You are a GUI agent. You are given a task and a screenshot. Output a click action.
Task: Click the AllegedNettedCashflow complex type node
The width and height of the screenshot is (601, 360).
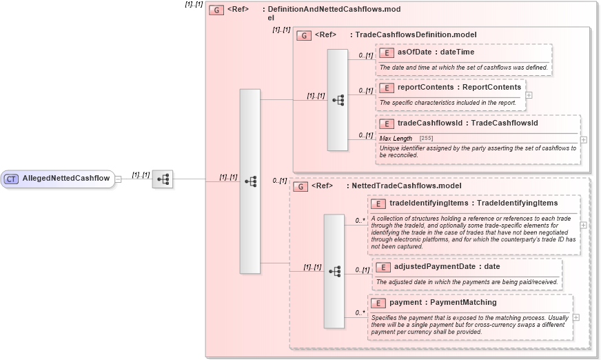(65, 179)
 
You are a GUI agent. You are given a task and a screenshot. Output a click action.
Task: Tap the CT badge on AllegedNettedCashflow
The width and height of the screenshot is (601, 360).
(11, 179)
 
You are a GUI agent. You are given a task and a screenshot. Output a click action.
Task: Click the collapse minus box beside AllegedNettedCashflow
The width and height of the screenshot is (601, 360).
(119, 179)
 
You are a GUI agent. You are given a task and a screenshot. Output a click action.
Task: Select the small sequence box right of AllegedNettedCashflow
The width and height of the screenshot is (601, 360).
(163, 179)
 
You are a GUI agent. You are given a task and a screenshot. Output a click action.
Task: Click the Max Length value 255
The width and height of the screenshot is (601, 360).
(426, 139)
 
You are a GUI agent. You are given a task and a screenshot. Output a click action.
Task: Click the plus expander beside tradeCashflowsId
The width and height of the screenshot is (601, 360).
(584, 139)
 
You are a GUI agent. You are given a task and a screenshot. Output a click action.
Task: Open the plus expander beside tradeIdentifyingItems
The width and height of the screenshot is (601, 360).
(584, 225)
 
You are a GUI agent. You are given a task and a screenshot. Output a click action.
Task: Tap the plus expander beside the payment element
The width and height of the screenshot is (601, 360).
(576, 317)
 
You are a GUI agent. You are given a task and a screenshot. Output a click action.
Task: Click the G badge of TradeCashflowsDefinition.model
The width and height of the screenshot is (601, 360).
(302, 34)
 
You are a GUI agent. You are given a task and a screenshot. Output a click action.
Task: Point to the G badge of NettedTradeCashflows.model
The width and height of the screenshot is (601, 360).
(300, 186)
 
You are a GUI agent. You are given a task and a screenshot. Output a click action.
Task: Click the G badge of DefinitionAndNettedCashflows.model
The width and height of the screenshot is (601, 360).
(216, 10)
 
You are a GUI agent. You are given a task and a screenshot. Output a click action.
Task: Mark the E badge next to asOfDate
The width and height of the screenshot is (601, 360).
(387, 52)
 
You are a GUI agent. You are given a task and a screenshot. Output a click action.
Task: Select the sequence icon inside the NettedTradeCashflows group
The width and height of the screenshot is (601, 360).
(334, 271)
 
